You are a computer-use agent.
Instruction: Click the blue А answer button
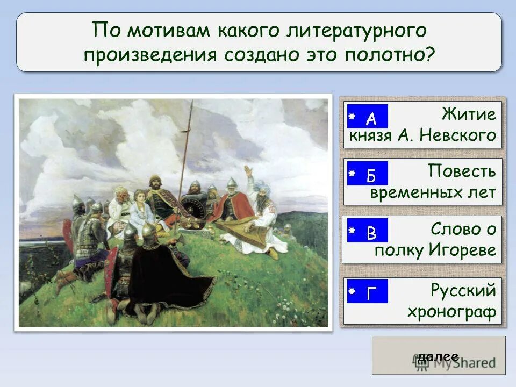(368, 117)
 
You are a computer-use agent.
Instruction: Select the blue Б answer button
(368, 174)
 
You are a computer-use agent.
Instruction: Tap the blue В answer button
(368, 231)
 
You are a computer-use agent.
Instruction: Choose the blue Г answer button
(368, 291)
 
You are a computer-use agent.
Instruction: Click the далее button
(438, 356)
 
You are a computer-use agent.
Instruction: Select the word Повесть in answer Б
(462, 172)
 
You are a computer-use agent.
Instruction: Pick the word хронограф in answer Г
(451, 312)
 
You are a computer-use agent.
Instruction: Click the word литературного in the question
(359, 31)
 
